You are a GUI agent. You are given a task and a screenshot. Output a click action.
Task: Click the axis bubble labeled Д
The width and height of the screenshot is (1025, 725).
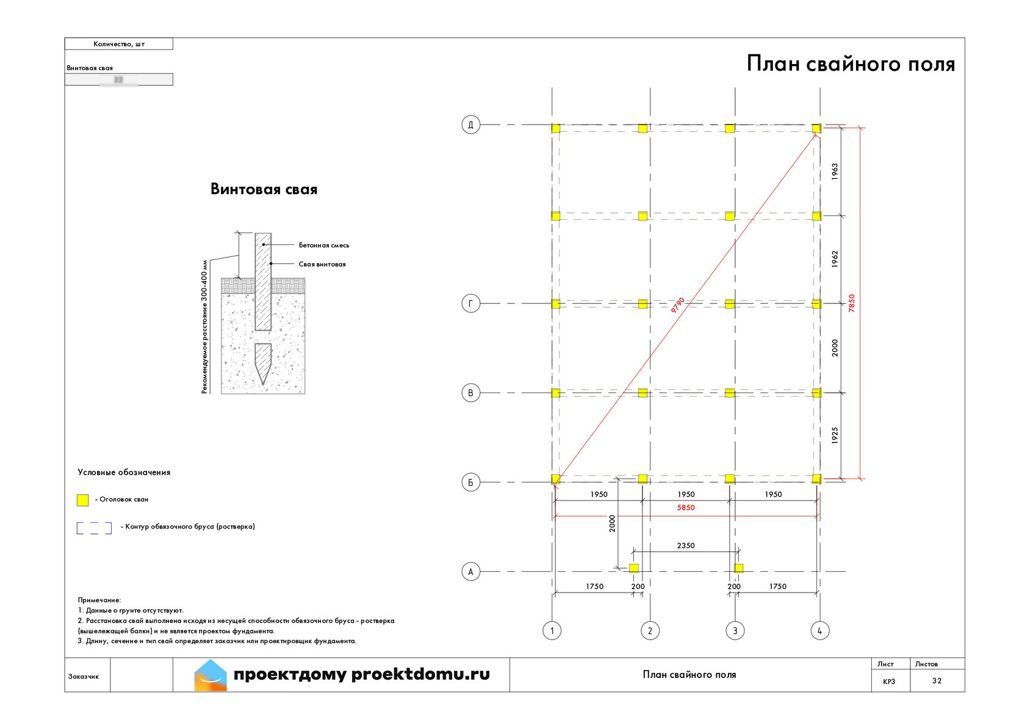(x=470, y=124)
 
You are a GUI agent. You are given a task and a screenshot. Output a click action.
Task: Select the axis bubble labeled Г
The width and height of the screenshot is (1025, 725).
(x=470, y=303)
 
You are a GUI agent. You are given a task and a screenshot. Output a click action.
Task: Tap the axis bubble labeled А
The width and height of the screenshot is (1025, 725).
(x=470, y=572)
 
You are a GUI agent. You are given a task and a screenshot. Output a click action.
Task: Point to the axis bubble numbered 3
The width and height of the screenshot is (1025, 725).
(x=735, y=630)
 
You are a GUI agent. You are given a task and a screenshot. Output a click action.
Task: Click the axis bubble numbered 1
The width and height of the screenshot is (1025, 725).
(x=552, y=630)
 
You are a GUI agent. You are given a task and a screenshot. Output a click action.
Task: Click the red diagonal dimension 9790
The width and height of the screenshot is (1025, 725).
(x=678, y=305)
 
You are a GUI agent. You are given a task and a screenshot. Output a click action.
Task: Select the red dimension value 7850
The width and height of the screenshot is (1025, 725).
(x=852, y=303)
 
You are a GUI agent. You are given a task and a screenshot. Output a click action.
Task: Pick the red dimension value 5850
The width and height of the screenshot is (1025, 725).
(x=686, y=508)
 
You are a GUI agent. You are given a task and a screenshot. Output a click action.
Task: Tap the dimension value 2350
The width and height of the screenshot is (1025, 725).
(x=686, y=546)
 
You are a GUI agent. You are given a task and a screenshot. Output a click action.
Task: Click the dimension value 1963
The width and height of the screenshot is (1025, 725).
(x=835, y=171)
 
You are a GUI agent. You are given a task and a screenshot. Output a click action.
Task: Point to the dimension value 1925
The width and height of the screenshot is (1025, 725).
(x=835, y=435)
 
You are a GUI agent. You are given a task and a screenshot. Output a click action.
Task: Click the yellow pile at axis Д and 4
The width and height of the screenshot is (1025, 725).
(x=817, y=128)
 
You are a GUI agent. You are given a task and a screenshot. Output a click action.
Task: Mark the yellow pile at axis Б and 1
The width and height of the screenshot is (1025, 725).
(x=556, y=479)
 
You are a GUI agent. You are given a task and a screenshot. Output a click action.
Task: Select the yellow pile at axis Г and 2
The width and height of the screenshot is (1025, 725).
(x=642, y=303)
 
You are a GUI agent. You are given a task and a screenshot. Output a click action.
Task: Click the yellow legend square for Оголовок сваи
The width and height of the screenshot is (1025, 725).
(x=82, y=500)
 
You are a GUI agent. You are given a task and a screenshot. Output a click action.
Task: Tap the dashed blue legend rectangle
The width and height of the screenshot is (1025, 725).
(x=94, y=528)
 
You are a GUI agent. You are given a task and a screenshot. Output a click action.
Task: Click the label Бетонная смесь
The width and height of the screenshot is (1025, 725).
(x=324, y=245)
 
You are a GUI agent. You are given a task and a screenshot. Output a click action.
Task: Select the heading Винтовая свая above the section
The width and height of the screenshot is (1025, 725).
(x=264, y=189)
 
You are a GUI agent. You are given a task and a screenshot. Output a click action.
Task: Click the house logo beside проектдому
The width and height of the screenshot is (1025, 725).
(x=210, y=675)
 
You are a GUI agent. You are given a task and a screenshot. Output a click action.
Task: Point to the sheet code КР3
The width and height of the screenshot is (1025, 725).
(x=889, y=681)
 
